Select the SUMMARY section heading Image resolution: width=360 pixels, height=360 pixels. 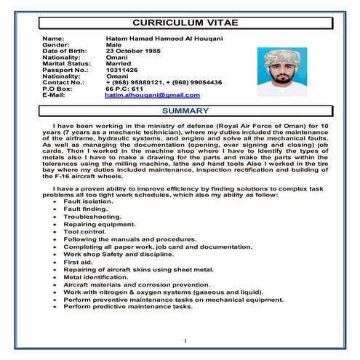click(x=185, y=111)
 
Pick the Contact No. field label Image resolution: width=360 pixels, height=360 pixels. click(x=63, y=82)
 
